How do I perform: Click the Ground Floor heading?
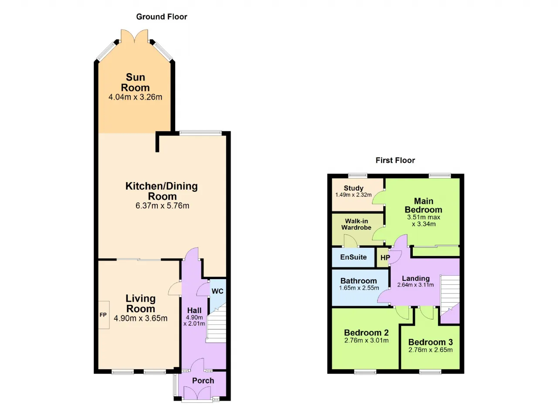pos(161,17)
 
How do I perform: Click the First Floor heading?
pos(395,160)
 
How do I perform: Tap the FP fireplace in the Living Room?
pos(104,315)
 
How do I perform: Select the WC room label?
pos(218,291)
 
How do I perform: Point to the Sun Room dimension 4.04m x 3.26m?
pos(135,97)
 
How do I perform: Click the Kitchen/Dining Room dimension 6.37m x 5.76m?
pos(162,206)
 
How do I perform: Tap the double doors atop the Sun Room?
pos(135,36)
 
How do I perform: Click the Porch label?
pos(203,381)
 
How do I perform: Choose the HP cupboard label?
pos(385,257)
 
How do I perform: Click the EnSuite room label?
pos(353,257)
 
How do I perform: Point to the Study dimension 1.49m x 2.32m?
pos(353,195)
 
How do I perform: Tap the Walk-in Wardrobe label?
pos(356,224)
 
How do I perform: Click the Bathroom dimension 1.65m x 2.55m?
pos(359,288)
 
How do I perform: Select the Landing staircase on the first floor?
pos(450,296)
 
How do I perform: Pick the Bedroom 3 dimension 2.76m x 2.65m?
pos(430,350)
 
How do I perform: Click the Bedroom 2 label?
pos(366,333)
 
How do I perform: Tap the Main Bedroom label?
pos(423,205)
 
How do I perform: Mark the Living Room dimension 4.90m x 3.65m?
pos(140,318)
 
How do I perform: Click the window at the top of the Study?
pos(358,175)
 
